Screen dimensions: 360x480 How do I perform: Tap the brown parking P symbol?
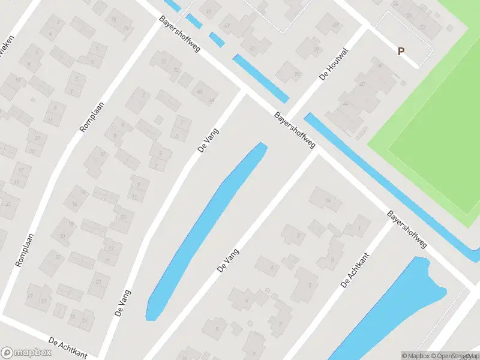click(400, 52)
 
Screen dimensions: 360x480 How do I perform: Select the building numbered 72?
click(162, 61)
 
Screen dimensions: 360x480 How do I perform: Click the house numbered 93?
click(297, 74)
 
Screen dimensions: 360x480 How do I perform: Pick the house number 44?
click(345, 103)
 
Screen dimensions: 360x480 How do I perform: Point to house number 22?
click(58, 257)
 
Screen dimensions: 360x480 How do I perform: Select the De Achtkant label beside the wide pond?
click(355, 270)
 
